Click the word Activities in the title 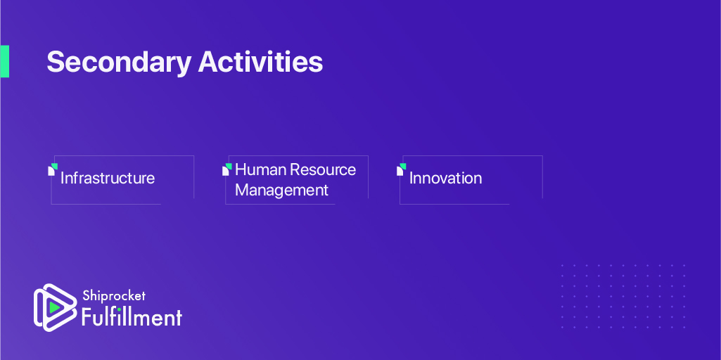tap(261, 62)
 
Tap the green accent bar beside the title tap(5, 61)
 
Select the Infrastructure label tap(108, 178)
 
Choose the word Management tap(282, 190)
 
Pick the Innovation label tap(445, 178)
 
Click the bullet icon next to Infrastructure tap(53, 169)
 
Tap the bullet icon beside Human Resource tap(227, 169)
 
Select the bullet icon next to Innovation tap(402, 169)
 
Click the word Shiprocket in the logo tap(113, 296)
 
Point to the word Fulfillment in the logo tap(132, 317)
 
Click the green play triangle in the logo tap(55, 307)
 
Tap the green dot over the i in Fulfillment tap(120, 309)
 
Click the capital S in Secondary tap(55, 62)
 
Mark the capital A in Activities tap(208, 62)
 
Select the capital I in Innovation tap(411, 178)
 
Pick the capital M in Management tap(242, 190)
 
